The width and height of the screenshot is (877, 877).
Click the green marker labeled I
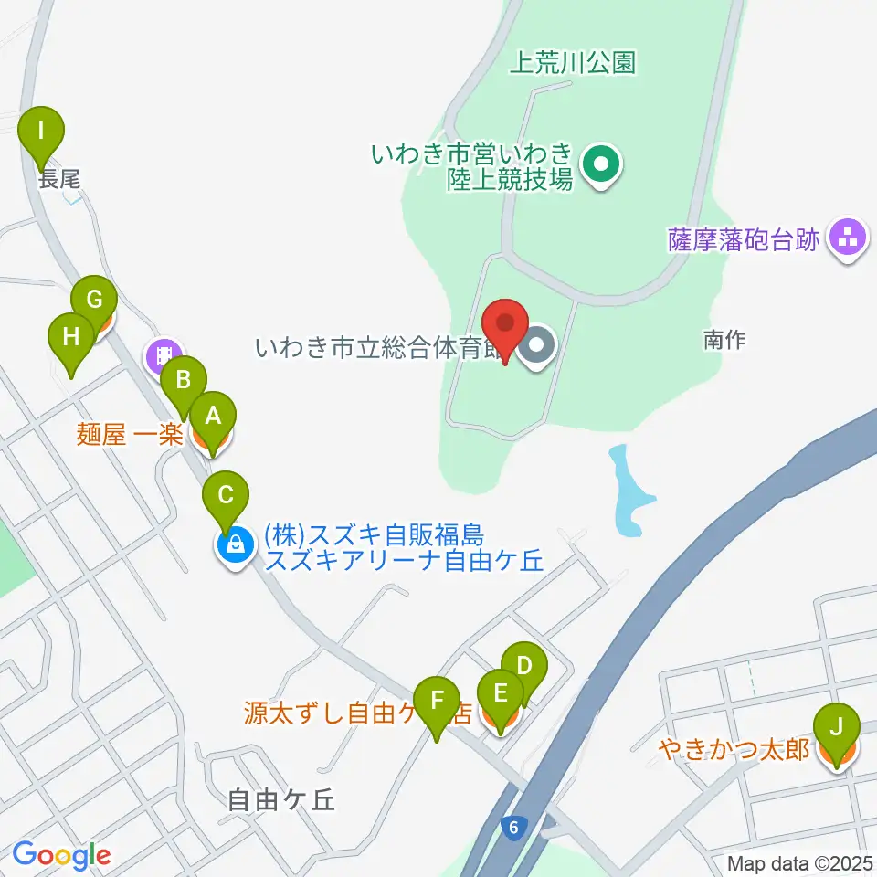tap(41, 129)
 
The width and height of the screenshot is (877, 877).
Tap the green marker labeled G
tap(94, 300)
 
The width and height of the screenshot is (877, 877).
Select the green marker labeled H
tap(71, 336)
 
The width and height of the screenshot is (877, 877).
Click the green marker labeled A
tap(213, 417)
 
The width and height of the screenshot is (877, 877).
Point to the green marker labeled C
tap(227, 495)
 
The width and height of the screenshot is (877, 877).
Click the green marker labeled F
tap(438, 701)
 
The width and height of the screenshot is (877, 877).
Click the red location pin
tap(505, 323)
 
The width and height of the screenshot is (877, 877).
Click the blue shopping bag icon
tap(235, 546)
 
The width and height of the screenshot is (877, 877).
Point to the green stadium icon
tap(602, 165)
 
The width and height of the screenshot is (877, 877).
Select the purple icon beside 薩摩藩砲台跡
tap(847, 238)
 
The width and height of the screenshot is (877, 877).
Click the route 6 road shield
tap(514, 828)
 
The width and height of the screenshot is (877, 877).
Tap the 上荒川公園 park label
tap(572, 62)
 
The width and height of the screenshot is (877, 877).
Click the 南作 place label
tap(725, 340)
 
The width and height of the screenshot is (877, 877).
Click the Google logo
tap(62, 855)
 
